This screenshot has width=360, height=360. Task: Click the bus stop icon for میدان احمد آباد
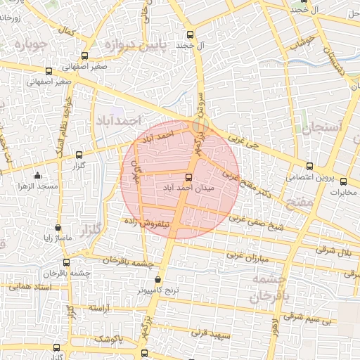click(188, 177)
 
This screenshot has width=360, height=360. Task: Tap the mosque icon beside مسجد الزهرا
click(37, 175)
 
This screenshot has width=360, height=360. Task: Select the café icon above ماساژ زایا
click(58, 228)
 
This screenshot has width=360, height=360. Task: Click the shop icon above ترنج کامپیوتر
click(166, 280)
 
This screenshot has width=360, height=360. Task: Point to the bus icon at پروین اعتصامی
click(309, 167)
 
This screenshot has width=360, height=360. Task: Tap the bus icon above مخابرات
click(344, 181)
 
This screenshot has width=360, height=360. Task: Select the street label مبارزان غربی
click(245, 256)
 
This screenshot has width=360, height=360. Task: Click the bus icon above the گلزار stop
click(78, 154)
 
